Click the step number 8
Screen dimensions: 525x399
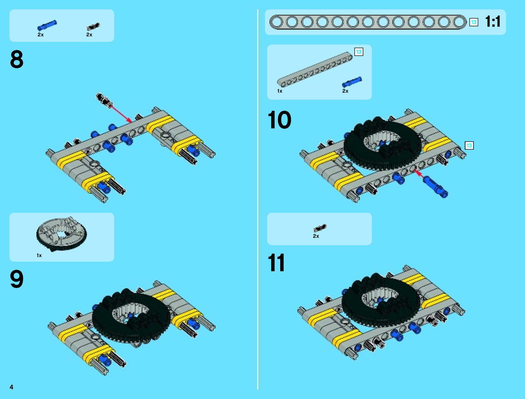16,59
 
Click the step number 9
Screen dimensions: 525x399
16,279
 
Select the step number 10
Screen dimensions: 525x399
279,120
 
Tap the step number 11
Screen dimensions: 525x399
276,263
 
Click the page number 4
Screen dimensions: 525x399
12,387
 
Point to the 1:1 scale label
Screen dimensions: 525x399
492,22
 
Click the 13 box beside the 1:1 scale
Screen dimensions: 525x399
473,22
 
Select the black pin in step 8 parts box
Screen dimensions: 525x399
93,26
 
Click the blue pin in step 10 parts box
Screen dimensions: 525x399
352,82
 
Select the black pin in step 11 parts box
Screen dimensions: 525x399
320,228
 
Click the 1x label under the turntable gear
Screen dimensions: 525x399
39,255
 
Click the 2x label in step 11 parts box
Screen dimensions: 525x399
316,236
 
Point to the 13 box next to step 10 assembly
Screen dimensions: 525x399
469,145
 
